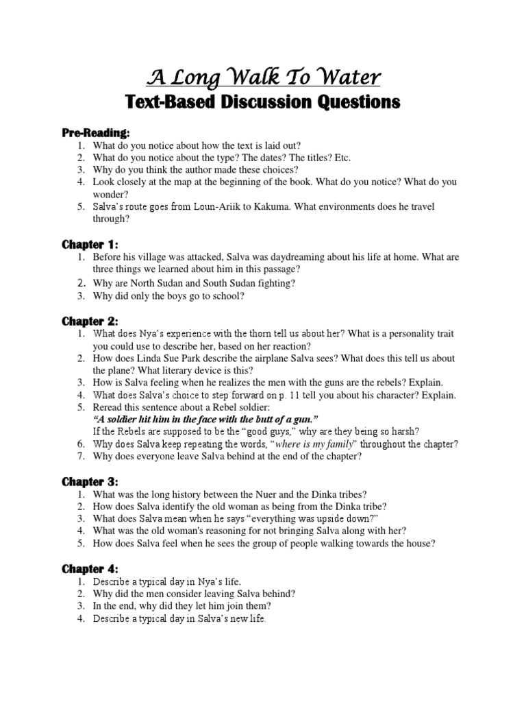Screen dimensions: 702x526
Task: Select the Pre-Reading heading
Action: click(x=96, y=132)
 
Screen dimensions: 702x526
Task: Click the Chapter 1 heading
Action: click(x=90, y=244)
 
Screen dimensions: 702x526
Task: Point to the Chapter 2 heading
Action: click(x=90, y=320)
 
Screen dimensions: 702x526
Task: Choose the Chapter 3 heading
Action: click(x=90, y=482)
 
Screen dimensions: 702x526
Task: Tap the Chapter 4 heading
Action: click(x=90, y=569)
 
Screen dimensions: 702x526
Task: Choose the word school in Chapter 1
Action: click(x=227, y=295)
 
